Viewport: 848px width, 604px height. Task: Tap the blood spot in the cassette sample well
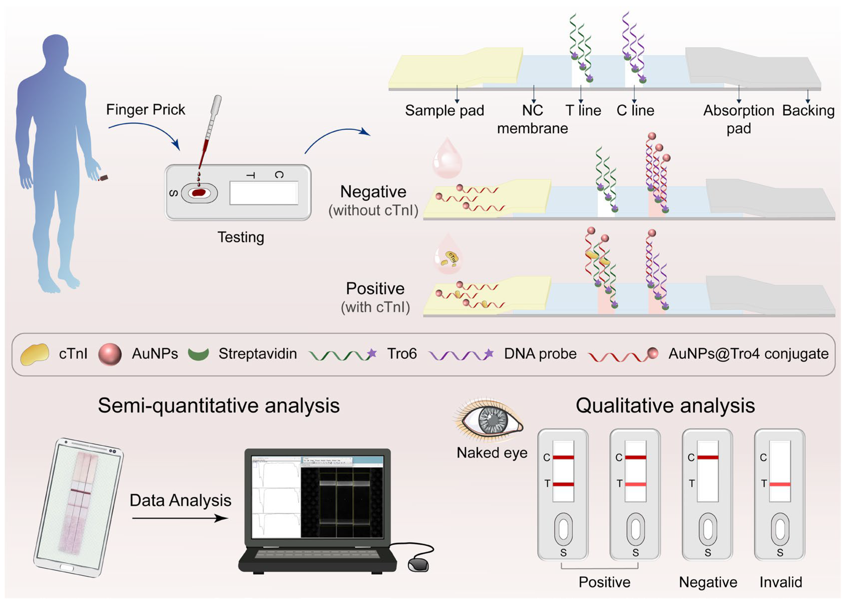(199, 193)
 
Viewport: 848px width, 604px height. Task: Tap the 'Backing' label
(808, 110)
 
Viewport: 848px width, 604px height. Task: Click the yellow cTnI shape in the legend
(34, 354)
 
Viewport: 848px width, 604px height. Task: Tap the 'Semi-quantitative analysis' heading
(218, 405)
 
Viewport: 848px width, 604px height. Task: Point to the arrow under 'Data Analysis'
(180, 518)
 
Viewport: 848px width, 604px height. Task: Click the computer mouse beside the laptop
(418, 565)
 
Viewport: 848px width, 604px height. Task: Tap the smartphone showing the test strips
(78, 508)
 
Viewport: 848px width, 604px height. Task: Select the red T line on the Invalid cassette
(780, 484)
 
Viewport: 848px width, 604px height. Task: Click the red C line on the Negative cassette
(707, 457)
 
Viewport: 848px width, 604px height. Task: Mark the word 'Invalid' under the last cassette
(780, 582)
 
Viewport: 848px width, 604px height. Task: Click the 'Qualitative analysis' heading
(665, 405)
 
